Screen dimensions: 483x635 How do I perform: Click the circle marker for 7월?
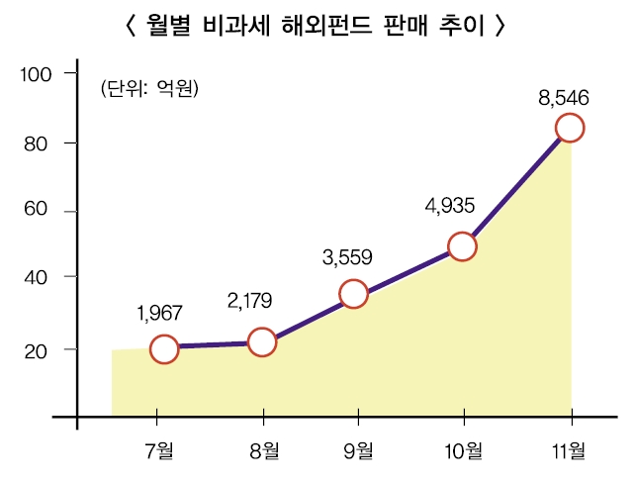165,348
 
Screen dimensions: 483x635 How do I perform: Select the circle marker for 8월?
262,342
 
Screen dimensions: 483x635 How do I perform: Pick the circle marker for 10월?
462,246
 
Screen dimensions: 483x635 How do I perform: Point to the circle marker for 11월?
570,128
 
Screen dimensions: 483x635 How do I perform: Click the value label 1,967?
160,314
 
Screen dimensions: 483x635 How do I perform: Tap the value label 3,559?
347,258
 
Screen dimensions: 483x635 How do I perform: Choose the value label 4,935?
450,207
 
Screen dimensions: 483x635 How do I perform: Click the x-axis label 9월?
358,452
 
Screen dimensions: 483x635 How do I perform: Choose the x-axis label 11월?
569,452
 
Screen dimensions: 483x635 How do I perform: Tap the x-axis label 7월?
158,452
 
